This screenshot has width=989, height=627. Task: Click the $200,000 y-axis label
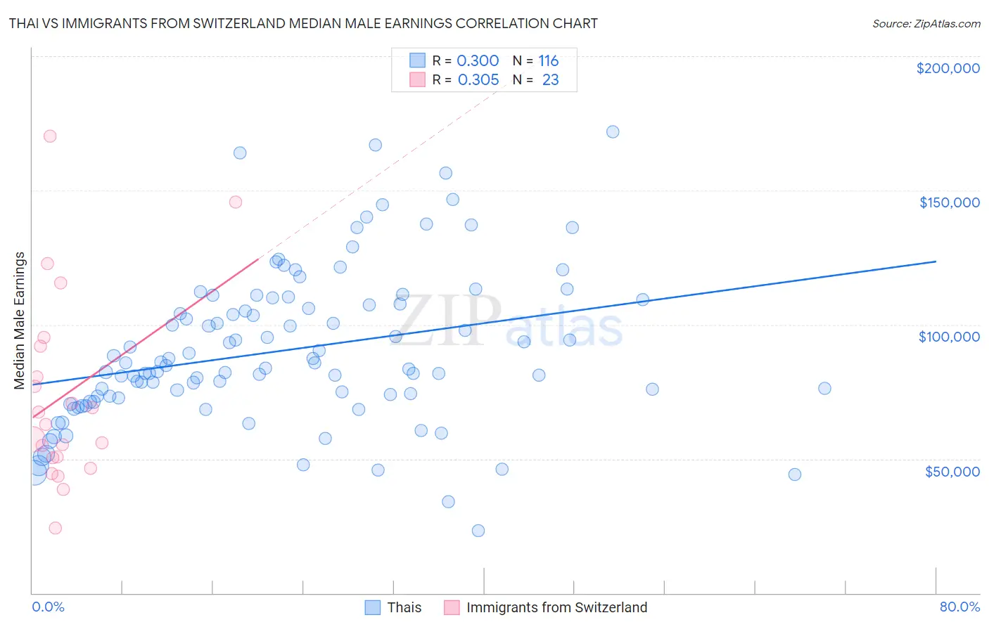tap(947, 68)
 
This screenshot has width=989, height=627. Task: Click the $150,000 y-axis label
tap(949, 202)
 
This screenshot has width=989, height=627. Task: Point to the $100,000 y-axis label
tap(949, 337)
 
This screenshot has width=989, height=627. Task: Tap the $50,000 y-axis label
tap(952, 471)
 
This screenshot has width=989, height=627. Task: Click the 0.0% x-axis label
tap(48, 607)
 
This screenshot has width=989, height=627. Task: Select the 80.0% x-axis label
tap(959, 607)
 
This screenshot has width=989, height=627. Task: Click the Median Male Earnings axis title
tap(20, 321)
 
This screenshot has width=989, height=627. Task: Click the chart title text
tap(303, 23)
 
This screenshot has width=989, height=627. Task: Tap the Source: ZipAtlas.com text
tap(926, 23)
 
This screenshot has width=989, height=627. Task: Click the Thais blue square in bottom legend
tap(373, 607)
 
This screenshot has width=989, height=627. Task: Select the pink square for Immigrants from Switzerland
tap(452, 607)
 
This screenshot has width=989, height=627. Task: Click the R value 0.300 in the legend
tap(478, 60)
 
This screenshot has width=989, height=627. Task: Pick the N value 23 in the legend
tap(550, 79)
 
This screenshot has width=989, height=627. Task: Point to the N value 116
tap(548, 60)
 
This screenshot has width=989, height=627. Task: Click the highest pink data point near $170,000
tap(50, 136)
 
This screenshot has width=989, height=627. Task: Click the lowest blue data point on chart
tap(478, 531)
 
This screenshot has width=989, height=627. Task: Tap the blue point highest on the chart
tap(613, 132)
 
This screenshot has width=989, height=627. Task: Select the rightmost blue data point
tap(824, 389)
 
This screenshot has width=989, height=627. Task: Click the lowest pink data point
tap(56, 528)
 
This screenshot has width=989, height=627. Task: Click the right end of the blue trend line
tap(936, 261)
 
